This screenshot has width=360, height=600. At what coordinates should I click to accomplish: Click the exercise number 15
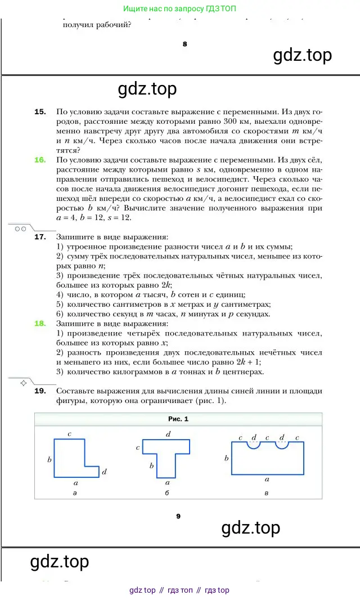[40, 112]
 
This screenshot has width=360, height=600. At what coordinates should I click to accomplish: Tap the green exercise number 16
[40, 160]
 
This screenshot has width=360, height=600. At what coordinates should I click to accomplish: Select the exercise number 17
[40, 237]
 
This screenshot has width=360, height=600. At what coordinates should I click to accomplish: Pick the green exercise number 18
[40, 324]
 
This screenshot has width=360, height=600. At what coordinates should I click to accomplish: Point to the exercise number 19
[40, 391]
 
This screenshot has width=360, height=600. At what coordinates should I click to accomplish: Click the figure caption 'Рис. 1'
[178, 419]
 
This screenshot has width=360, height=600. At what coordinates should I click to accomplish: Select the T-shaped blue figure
[166, 456]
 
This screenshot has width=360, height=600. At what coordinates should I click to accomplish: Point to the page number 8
[184, 44]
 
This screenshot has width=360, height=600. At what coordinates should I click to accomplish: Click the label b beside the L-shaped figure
[49, 460]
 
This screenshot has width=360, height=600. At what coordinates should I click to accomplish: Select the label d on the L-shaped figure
[105, 472]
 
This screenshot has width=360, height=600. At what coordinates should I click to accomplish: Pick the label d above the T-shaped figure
[168, 435]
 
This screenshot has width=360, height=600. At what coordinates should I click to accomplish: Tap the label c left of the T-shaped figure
[138, 448]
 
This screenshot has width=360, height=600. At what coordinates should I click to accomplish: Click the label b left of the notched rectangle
[226, 458]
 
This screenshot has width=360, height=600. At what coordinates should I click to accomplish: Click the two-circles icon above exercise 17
[20, 229]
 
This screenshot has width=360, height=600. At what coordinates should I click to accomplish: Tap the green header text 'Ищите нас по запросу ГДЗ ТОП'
[180, 9]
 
